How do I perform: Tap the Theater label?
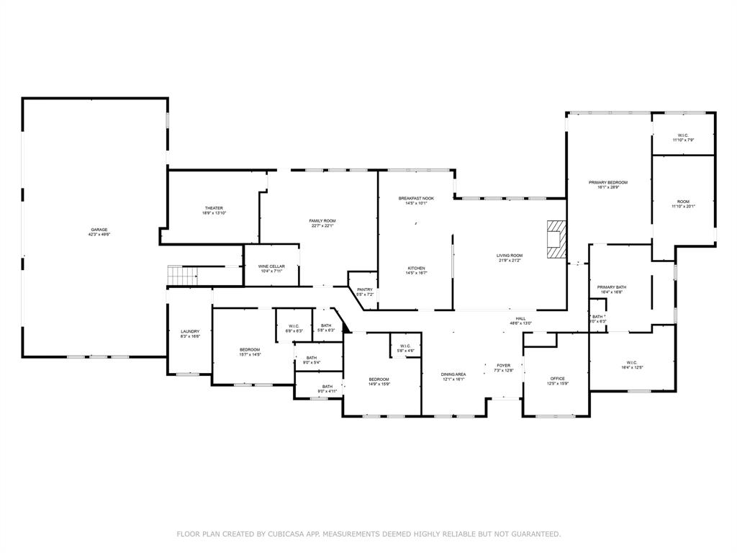pos(213,208)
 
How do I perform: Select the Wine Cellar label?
pos(272,266)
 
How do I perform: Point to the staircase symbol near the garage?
pos(182,274)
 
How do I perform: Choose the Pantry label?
pos(365,289)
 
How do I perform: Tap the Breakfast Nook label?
pos(417,198)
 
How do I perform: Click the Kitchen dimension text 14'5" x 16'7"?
pos(417,273)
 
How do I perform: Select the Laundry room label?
pos(190,331)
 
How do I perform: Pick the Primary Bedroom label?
pos(608,183)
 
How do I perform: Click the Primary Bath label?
pos(612,287)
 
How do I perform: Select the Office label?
pos(558,379)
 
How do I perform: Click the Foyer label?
pos(504,366)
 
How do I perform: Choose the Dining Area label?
pos(453,374)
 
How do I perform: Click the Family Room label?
pos(322,221)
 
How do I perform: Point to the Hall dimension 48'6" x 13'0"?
pos(520,323)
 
